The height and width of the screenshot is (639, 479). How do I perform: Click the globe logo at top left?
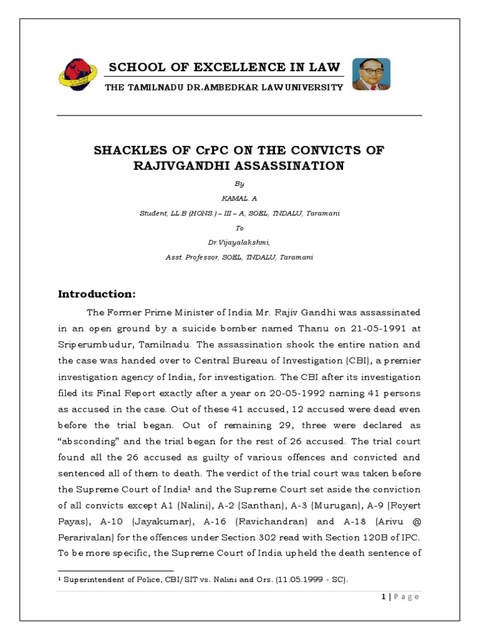(79, 75)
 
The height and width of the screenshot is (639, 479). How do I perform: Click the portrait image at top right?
(371, 74)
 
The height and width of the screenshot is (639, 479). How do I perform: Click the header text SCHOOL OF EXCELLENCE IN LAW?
(225, 67)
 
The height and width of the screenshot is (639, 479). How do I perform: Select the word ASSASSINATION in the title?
(284, 165)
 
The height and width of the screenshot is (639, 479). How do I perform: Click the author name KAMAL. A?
(239, 198)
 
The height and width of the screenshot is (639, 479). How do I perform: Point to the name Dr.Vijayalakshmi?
(239, 243)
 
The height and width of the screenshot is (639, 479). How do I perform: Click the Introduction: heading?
(96, 294)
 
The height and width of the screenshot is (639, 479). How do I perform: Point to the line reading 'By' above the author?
(239, 183)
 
